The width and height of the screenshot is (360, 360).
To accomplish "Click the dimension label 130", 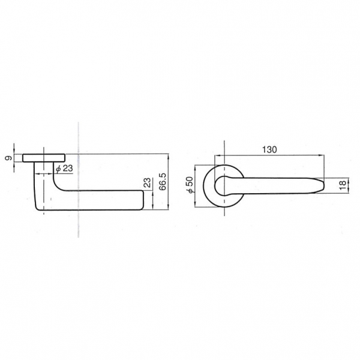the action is [x=269, y=149].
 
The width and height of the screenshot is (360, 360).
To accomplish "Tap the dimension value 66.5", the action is [x=163, y=182].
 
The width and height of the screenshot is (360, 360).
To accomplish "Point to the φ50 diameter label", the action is [x=190, y=185].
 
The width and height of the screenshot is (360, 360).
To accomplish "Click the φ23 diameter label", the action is [x=65, y=169].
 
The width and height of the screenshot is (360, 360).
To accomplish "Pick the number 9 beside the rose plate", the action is [x=8, y=158].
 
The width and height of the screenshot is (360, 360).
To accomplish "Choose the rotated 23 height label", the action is [x=148, y=183].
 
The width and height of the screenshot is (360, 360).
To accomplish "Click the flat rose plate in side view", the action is [x=44, y=158].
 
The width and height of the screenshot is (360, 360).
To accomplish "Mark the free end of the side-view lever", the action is [x=143, y=200].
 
